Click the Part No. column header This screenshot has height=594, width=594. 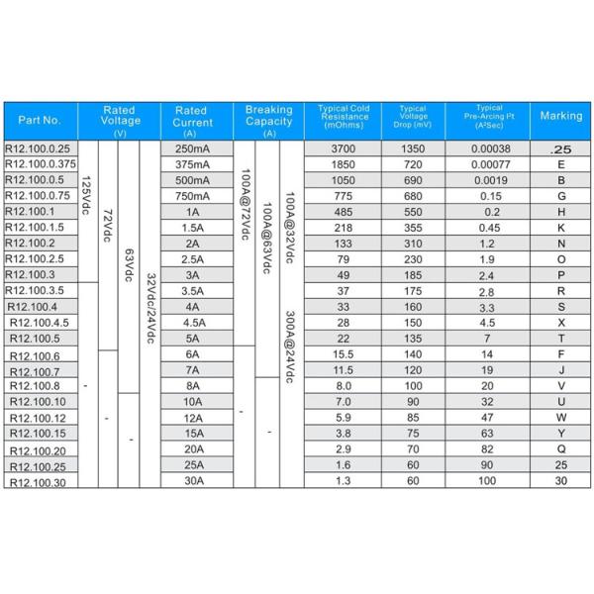(x=40, y=119)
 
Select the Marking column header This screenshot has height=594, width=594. (x=561, y=116)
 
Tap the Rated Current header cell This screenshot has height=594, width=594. (x=191, y=119)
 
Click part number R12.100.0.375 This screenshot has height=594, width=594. (x=41, y=163)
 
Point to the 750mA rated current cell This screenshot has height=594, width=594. (x=192, y=195)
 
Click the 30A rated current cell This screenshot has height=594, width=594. (x=192, y=482)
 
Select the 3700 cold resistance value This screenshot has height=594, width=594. (x=344, y=148)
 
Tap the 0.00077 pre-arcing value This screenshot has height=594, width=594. (x=490, y=163)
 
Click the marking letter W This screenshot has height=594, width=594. (x=561, y=418)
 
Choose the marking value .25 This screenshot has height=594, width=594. (x=561, y=148)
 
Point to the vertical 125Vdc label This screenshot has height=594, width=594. (x=86, y=198)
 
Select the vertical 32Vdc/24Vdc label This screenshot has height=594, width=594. (x=149, y=307)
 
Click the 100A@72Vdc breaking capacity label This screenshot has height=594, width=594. (x=244, y=203)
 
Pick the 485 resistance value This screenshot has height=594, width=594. (x=344, y=211)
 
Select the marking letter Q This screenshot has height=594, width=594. (x=561, y=449)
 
